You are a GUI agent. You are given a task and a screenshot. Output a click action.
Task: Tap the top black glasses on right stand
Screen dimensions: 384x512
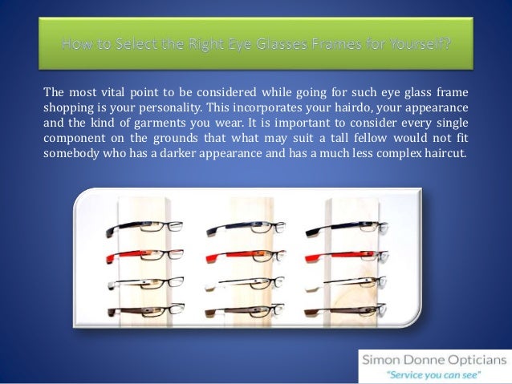tap(341, 229)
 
